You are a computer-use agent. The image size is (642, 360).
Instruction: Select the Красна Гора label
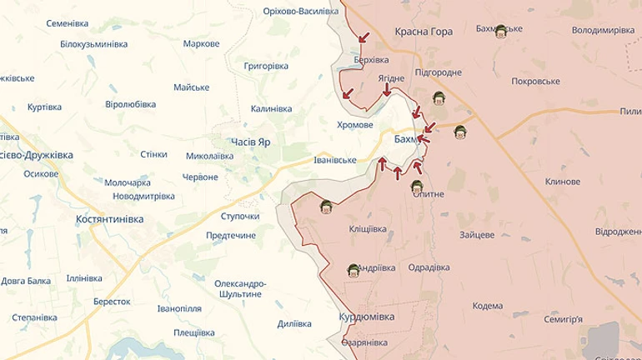tap(424, 32)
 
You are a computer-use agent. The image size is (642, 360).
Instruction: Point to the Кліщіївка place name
tap(368, 227)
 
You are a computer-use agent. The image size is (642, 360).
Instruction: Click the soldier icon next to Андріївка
tap(354, 269)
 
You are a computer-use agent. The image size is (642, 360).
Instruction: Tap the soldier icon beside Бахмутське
tap(500, 32)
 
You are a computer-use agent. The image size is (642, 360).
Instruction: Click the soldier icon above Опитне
tap(418, 186)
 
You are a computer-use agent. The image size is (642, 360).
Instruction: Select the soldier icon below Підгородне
tap(439, 99)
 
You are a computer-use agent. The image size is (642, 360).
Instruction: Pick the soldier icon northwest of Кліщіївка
tap(325, 206)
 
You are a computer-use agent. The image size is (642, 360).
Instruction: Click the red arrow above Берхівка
tap(363, 37)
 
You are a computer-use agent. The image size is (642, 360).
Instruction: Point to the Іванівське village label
tap(334, 160)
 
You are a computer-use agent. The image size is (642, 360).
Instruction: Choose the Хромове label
tap(354, 125)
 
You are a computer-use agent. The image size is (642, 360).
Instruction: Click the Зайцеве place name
tap(477, 235)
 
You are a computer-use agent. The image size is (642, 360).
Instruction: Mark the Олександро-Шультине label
tap(238, 289)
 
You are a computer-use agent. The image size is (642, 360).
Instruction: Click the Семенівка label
tap(69, 22)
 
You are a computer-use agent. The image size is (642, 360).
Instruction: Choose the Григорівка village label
tap(265, 65)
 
